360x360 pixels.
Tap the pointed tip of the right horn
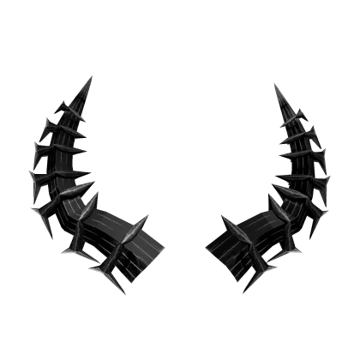tap(270, 86)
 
